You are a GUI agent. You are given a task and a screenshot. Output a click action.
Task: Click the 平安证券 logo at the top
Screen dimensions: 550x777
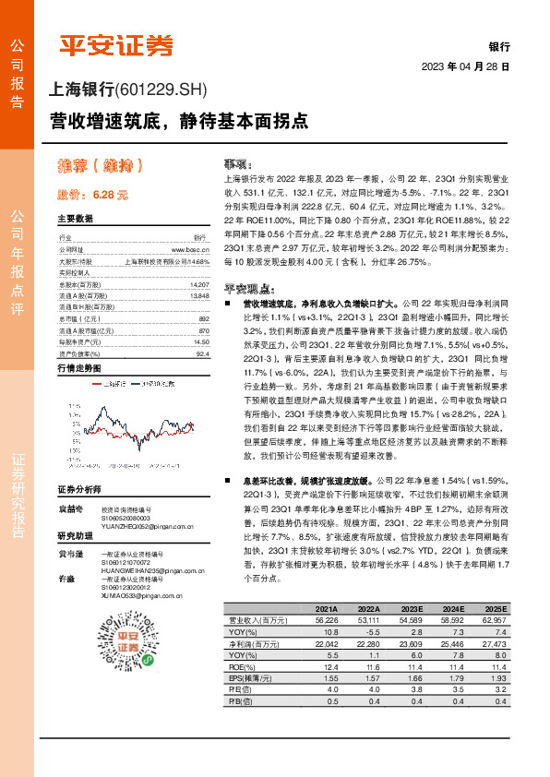(115, 44)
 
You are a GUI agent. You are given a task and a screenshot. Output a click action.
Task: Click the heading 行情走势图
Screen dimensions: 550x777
(79, 368)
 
